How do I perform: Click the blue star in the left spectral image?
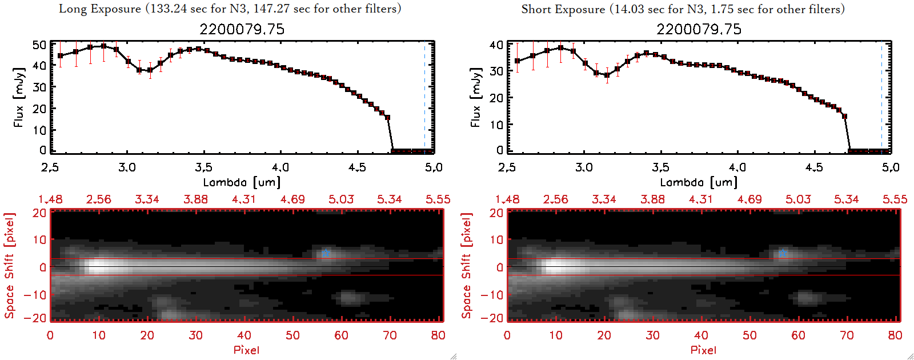[326, 253]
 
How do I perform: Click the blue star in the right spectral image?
[783, 253]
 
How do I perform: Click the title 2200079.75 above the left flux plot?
[242, 30]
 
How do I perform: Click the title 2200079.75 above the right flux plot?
[699, 30]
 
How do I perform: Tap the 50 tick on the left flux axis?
[39, 45]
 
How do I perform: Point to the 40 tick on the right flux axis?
[496, 45]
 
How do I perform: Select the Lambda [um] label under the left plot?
[242, 182]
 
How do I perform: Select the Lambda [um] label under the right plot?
[699, 182]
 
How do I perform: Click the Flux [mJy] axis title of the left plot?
[19, 97]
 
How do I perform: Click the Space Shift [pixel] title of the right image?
[467, 266]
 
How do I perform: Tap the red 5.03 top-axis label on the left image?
[341, 199]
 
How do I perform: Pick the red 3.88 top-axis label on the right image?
[652, 199]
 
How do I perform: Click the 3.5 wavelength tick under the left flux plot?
[203, 167]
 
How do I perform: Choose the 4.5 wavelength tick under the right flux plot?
[814, 167]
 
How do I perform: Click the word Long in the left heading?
[72, 9]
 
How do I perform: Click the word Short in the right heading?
[535, 9]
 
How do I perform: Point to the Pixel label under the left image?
[246, 350]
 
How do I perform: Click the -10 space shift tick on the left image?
[35, 295]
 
